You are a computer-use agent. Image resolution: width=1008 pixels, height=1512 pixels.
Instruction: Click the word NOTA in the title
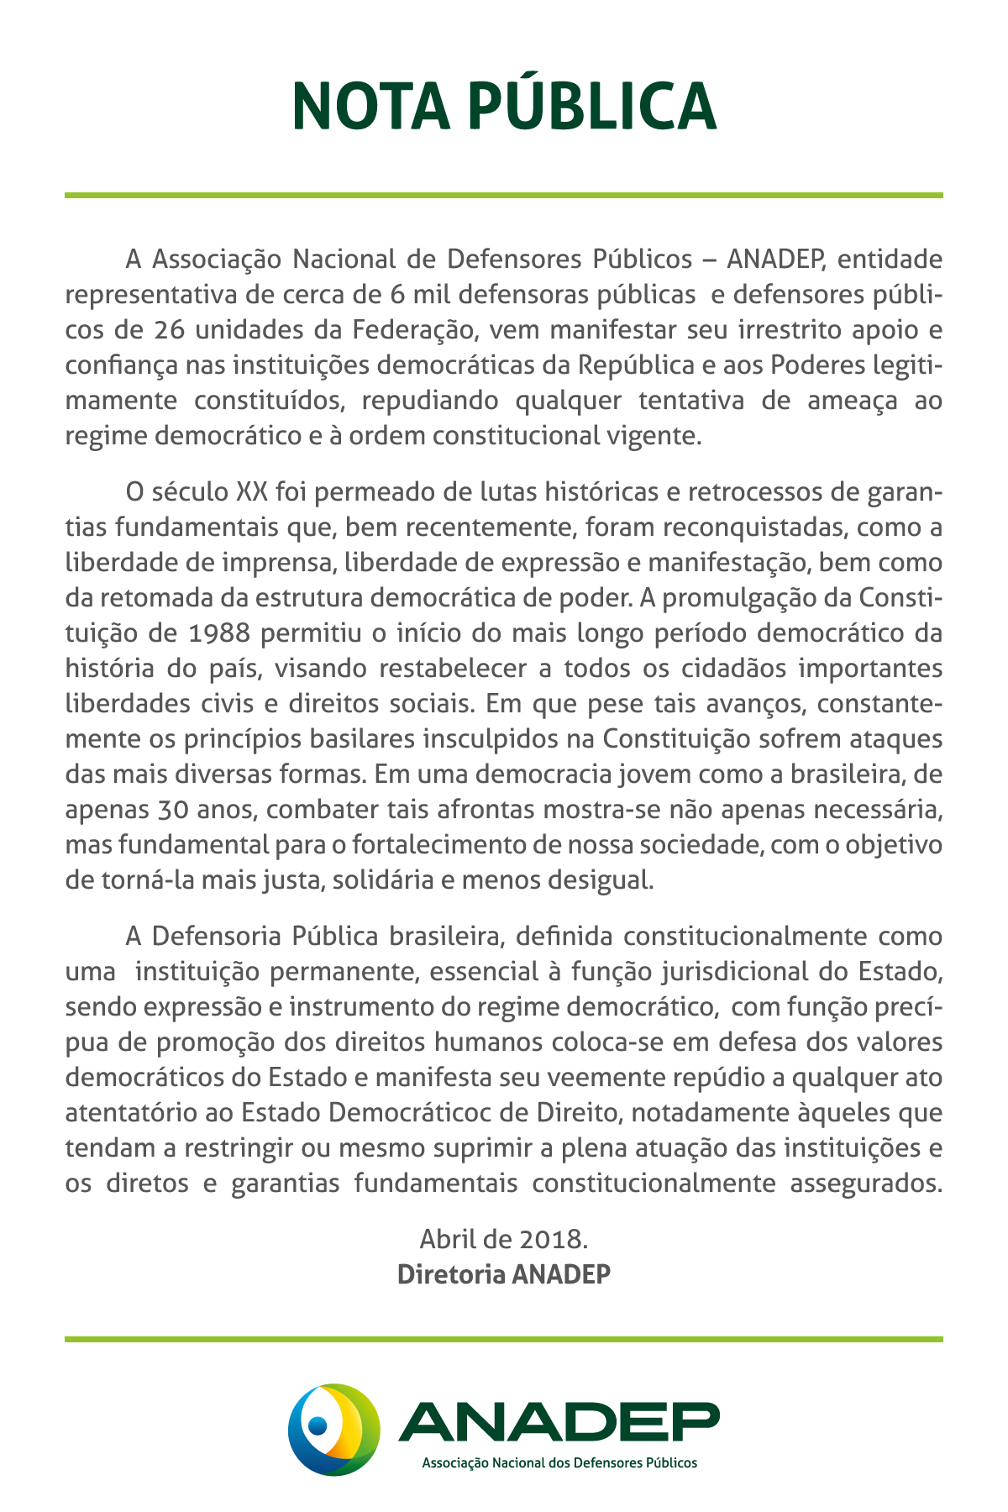pos(371,107)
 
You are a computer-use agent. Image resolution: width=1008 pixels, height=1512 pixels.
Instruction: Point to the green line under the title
pos(504,196)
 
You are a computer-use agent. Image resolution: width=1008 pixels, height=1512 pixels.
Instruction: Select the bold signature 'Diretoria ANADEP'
pos(503,1273)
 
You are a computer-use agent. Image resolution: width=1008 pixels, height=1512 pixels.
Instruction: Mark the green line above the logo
pos(504,1339)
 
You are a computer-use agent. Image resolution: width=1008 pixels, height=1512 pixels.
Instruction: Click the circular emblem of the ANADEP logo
pos(333,1429)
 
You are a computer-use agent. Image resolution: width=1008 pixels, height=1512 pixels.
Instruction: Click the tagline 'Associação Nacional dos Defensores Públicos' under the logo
pos(559,1462)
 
